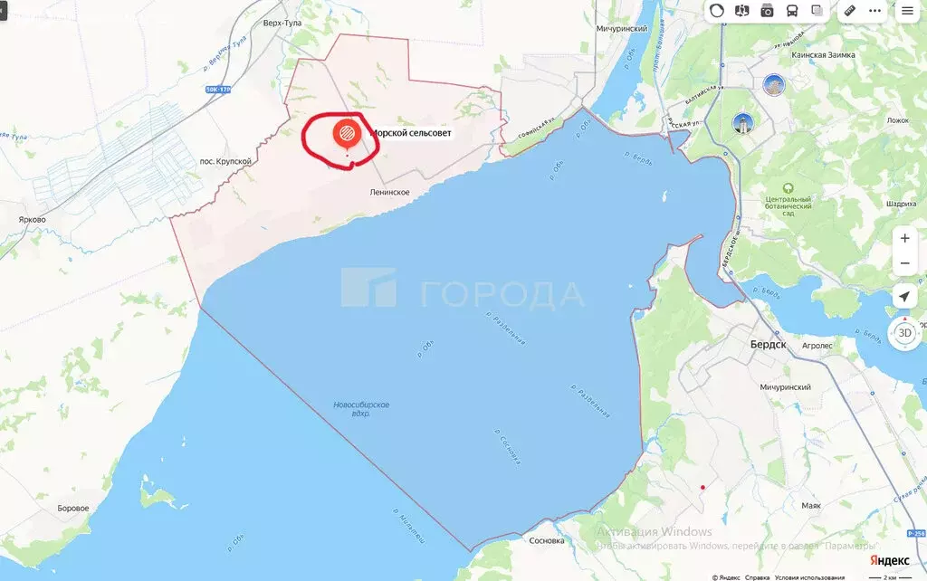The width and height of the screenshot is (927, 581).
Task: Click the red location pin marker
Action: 346,134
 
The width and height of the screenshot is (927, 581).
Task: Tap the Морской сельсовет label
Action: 411,133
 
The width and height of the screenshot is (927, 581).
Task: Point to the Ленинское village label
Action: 390,193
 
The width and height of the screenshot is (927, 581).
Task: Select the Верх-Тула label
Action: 282,23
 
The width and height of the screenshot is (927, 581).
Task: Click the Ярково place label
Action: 32,219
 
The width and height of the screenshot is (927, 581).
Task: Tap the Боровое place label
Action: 72,508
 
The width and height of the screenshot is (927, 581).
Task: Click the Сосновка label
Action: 546,540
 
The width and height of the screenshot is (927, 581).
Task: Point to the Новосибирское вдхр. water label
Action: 361,408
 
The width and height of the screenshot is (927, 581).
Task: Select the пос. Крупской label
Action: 225,162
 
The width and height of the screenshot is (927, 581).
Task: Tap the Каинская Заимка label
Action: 823,54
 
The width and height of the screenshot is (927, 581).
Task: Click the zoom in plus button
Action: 904,238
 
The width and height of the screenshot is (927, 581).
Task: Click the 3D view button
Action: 904,332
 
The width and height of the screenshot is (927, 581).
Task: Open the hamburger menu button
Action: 907,11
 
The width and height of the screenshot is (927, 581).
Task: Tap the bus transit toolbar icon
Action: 792,11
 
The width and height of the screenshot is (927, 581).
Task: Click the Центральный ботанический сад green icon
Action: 787,188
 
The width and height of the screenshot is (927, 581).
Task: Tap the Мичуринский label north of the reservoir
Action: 622,29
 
